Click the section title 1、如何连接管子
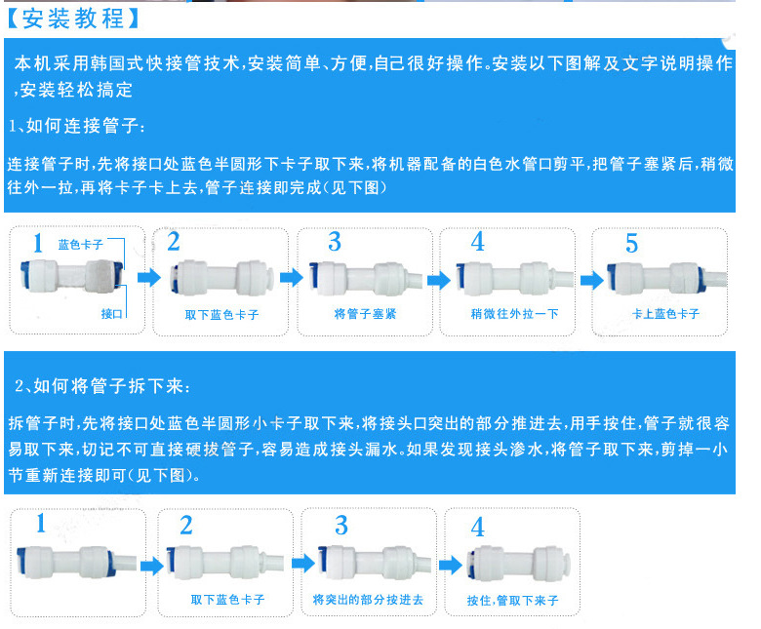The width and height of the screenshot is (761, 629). [77, 126]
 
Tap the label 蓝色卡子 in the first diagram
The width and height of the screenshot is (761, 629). [79, 244]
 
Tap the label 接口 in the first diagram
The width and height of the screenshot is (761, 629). [110, 313]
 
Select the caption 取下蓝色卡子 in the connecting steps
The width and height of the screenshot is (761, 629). [221, 314]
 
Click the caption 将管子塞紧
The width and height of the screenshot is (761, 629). [365, 314]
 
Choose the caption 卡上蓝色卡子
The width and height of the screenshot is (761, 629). [665, 314]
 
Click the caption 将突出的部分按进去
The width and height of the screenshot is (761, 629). [368, 600]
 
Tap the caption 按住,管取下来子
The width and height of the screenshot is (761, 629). [512, 601]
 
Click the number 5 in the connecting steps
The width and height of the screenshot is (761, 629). [631, 243]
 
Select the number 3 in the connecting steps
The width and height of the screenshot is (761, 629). [335, 241]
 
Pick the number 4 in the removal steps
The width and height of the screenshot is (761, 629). [477, 528]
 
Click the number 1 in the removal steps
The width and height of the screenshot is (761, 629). [41, 524]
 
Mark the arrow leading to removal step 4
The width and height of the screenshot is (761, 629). [449, 565]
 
